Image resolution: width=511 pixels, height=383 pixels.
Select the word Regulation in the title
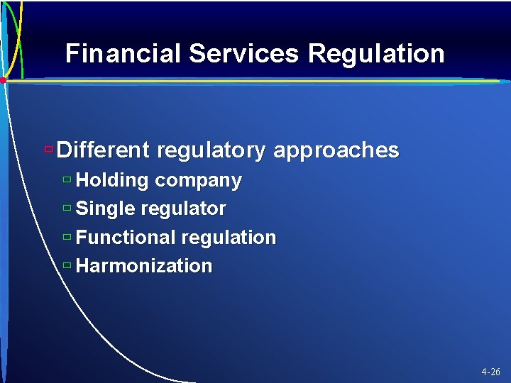[x=378, y=54]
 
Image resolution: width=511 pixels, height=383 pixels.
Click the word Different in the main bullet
[x=103, y=150]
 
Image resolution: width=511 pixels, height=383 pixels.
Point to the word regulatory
[x=211, y=150]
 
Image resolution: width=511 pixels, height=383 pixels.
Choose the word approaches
[x=336, y=150]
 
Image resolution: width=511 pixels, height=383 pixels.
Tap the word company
[x=198, y=181]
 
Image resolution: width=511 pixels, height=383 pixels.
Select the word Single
[x=106, y=209]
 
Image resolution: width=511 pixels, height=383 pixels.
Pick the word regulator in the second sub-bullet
[x=184, y=209]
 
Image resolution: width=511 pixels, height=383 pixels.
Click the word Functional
[x=125, y=238]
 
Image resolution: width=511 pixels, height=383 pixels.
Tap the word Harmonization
[x=144, y=266]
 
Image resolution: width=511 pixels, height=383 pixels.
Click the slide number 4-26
[x=490, y=372]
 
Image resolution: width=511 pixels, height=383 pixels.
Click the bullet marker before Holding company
[x=67, y=180]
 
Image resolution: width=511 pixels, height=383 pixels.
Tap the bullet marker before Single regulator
[x=67, y=209]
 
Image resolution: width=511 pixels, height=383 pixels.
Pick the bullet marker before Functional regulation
[x=67, y=237]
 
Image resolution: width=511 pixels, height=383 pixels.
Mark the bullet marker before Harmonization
[x=67, y=265]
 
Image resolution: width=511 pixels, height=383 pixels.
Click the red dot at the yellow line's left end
[x=3, y=81]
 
